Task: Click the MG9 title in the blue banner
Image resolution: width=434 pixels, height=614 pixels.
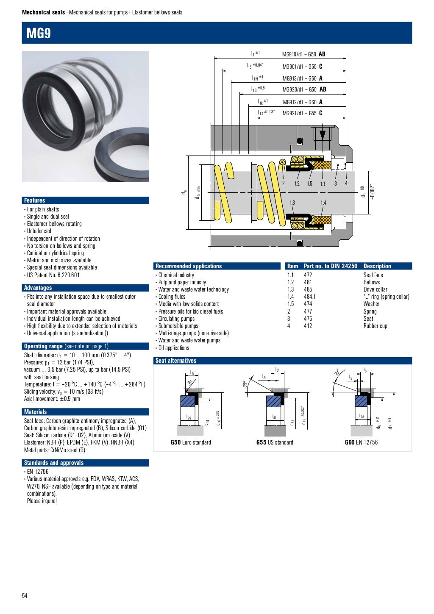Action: [39, 33]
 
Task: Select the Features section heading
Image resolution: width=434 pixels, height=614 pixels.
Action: [34, 200]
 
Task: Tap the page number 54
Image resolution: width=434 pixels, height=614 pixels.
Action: [25, 596]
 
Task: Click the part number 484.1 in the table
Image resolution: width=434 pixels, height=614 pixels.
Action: [309, 297]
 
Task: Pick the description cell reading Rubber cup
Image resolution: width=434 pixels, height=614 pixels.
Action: [375, 326]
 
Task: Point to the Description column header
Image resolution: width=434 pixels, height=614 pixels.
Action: [377, 266]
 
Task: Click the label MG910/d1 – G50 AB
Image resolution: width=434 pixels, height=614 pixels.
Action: [303, 54]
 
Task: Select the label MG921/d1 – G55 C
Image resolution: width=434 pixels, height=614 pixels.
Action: [302, 113]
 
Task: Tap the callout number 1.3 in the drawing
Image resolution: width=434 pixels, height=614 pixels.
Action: [292, 203]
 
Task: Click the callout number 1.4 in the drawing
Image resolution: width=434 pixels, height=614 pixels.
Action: [323, 203]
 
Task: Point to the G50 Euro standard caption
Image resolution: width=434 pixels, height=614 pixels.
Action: [191, 442]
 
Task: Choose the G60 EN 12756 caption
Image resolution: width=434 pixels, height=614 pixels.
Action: [361, 442]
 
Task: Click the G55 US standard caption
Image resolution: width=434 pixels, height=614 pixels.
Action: [275, 442]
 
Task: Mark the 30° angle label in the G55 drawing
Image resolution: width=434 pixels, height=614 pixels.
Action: [245, 384]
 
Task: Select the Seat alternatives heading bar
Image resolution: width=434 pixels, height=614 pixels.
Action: [176, 361]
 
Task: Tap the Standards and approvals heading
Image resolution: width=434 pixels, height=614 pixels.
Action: [54, 463]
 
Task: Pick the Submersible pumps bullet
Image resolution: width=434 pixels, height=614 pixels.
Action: [178, 326]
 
